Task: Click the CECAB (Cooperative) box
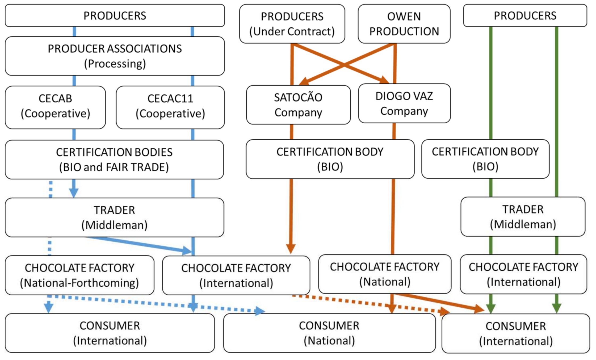point(55,107)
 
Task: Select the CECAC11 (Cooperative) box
point(170,107)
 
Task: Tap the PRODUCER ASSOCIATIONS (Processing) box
point(115,56)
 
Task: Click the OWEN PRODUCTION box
point(404,24)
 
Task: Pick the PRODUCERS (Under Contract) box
point(292,24)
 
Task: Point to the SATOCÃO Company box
point(298,105)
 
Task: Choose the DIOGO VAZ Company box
point(404,103)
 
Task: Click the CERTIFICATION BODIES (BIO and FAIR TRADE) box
point(114,160)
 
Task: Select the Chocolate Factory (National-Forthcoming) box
point(79,275)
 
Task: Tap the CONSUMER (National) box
point(329,333)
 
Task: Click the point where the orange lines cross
point(344,65)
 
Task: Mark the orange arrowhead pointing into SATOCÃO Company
point(304,81)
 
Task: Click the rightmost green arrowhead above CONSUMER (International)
point(557,308)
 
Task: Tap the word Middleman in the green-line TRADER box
point(523,224)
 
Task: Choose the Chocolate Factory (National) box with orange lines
point(385,274)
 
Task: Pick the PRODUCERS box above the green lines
point(525,15)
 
